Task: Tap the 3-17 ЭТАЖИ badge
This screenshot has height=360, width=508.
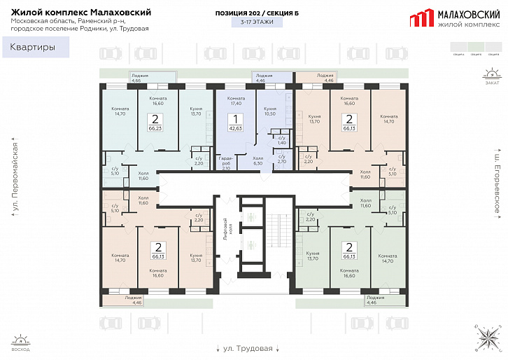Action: (x=257, y=22)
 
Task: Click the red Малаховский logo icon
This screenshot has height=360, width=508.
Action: (x=421, y=19)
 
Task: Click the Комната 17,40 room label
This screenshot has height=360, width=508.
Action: (x=236, y=101)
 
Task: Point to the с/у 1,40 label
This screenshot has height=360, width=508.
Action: (x=281, y=140)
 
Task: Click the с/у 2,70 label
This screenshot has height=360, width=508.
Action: (x=281, y=159)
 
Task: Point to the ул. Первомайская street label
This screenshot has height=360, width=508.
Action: (x=15, y=179)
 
